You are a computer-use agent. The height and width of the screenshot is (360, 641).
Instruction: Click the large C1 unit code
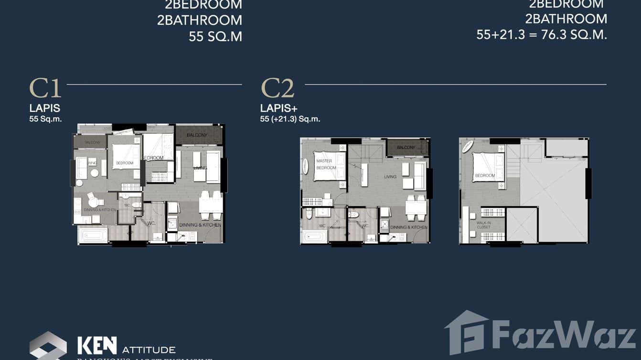click(x=45, y=88)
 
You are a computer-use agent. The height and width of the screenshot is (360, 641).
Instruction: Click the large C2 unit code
click(x=277, y=88)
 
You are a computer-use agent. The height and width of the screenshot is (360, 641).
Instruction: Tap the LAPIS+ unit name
click(x=278, y=109)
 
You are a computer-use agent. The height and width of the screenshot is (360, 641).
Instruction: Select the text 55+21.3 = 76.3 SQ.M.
click(x=542, y=34)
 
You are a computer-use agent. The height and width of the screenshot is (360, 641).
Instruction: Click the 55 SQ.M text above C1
click(x=215, y=36)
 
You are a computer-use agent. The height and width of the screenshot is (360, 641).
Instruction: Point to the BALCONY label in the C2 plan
click(x=406, y=148)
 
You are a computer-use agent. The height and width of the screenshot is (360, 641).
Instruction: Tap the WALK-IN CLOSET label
click(x=483, y=225)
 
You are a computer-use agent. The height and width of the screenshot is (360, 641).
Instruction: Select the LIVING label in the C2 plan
click(x=390, y=177)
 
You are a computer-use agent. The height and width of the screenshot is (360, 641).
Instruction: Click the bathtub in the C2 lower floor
click(x=314, y=236)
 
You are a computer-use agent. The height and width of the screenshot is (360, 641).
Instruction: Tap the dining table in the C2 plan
click(x=416, y=207)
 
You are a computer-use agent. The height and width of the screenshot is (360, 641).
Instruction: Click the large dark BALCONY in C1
click(x=198, y=135)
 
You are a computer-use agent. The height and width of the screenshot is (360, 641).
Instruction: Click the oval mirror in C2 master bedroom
click(x=306, y=166)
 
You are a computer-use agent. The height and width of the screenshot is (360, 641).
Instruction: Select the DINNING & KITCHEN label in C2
click(x=409, y=227)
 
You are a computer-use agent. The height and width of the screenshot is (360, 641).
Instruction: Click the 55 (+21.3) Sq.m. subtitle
click(x=290, y=119)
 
